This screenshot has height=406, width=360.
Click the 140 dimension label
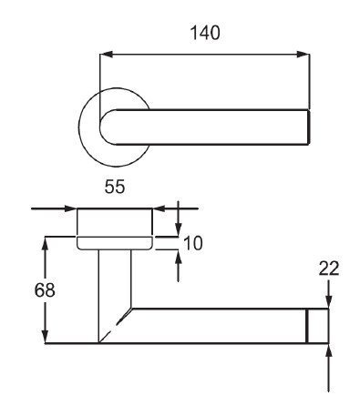pos(204,33)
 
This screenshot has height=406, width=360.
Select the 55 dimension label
pos(115,187)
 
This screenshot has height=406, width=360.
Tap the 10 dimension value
pos(193,243)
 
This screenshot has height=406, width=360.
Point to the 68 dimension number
pos(45,290)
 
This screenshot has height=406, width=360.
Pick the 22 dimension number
pos(329,269)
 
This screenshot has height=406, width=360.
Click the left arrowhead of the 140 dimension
pos(107,55)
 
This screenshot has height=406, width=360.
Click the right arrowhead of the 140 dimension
pos(303,55)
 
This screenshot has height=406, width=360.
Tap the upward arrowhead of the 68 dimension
pos(46,243)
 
